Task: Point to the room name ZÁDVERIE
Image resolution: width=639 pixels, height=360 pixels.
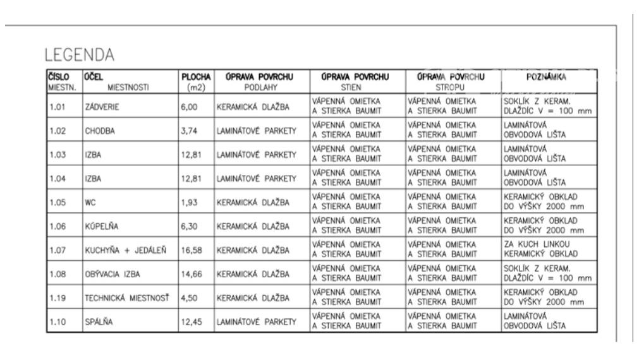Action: pyautogui.click(x=102, y=107)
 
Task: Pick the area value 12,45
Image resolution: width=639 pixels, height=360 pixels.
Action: pyautogui.click(x=192, y=323)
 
